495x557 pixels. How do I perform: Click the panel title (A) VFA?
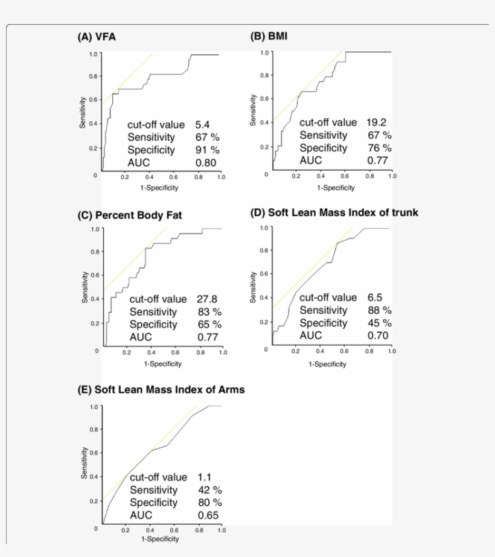pos(97,37)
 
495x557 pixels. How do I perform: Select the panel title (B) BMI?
pos(269,36)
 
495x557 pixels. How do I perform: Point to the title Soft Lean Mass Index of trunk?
pos(334,212)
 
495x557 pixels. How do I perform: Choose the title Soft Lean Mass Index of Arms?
pos(161,389)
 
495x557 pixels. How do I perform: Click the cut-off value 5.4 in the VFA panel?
pos(202,125)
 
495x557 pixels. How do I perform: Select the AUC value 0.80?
pos(205,162)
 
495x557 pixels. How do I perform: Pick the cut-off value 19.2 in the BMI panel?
pos(376,123)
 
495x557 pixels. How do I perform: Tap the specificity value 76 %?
pos(380,148)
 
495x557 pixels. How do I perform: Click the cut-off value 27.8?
pos(207,299)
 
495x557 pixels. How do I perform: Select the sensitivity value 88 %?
pos(380,310)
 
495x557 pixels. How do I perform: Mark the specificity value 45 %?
pos(380,323)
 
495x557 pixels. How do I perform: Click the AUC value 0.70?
pos(377,336)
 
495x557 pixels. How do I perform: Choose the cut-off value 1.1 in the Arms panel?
pos(205,477)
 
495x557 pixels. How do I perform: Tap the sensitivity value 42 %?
pos(209,490)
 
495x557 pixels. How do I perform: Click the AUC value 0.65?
pos(208,515)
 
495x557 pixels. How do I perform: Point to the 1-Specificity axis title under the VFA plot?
pos(159,187)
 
